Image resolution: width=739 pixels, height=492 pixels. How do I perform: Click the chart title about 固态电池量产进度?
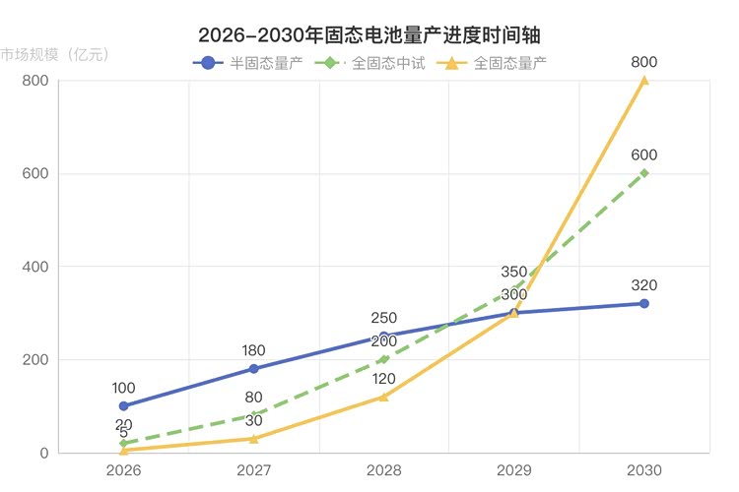point(369,34)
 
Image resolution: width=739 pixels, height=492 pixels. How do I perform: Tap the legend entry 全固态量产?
point(497,63)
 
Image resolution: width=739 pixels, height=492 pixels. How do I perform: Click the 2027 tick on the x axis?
point(253,470)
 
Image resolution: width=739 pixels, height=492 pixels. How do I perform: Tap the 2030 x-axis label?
point(644,470)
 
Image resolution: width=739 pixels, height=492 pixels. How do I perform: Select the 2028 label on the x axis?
point(384,470)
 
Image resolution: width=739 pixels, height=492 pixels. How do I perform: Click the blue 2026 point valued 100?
point(123,406)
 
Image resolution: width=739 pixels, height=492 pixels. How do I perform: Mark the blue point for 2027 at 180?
point(253,369)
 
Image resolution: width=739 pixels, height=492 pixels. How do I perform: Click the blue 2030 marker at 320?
point(644,304)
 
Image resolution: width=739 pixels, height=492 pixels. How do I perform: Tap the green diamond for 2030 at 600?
point(644,173)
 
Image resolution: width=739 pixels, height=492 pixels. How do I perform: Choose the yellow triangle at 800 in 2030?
point(644,81)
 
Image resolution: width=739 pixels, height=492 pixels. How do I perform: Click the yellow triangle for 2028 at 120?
point(384,397)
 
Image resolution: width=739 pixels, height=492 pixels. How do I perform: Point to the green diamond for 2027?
point(253,415)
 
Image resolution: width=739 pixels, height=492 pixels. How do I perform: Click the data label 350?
point(514,272)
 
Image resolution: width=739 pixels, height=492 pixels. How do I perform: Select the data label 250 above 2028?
point(384,318)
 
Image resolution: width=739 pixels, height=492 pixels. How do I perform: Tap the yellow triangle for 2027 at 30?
point(253,439)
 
